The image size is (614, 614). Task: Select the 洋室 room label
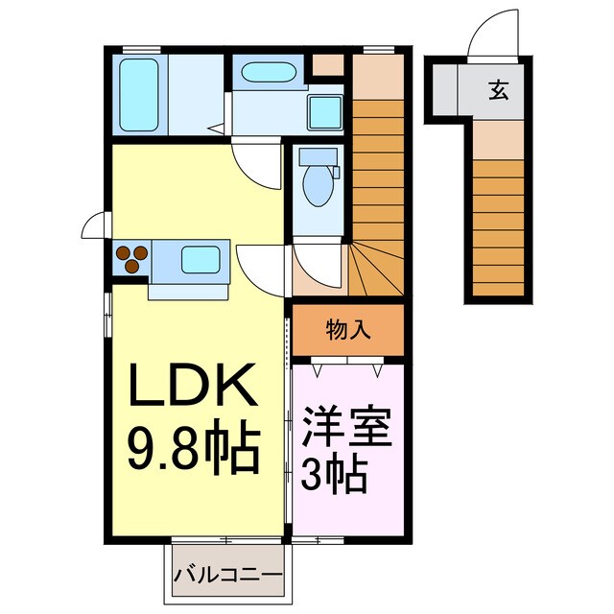click(346, 428)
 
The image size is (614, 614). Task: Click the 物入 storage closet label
click(348, 331)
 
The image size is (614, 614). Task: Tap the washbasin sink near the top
click(269, 73)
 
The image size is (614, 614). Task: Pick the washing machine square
click(326, 112)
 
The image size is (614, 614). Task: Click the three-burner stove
click(131, 256)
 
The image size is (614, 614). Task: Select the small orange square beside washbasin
click(327, 66)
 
